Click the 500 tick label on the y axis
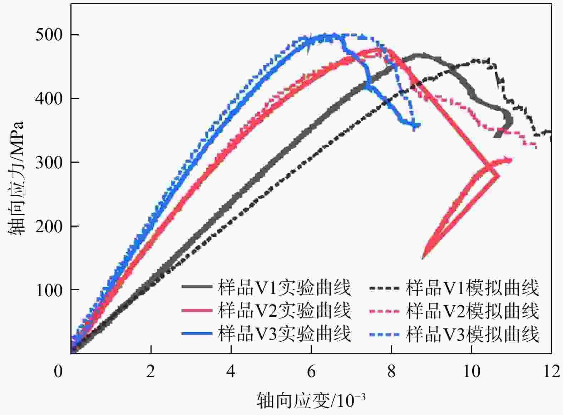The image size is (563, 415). coord(49,35)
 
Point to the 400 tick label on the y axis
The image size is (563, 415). coord(49,99)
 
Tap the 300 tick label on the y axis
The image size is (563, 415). coord(49,162)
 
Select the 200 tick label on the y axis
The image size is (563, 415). coord(49,226)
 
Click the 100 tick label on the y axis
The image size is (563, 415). coord(49,290)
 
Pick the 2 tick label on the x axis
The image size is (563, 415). coord(151,372)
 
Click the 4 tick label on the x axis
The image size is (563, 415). coord(231,372)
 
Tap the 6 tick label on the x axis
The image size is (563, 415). coord(311,372)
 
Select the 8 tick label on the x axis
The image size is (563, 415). coord(391,372)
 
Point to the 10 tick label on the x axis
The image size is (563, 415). coord(471,372)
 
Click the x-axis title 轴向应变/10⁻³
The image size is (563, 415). coord(311,400)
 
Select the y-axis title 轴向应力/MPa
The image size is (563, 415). coord(16,178)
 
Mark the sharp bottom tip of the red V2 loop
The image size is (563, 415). coord(423,258)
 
